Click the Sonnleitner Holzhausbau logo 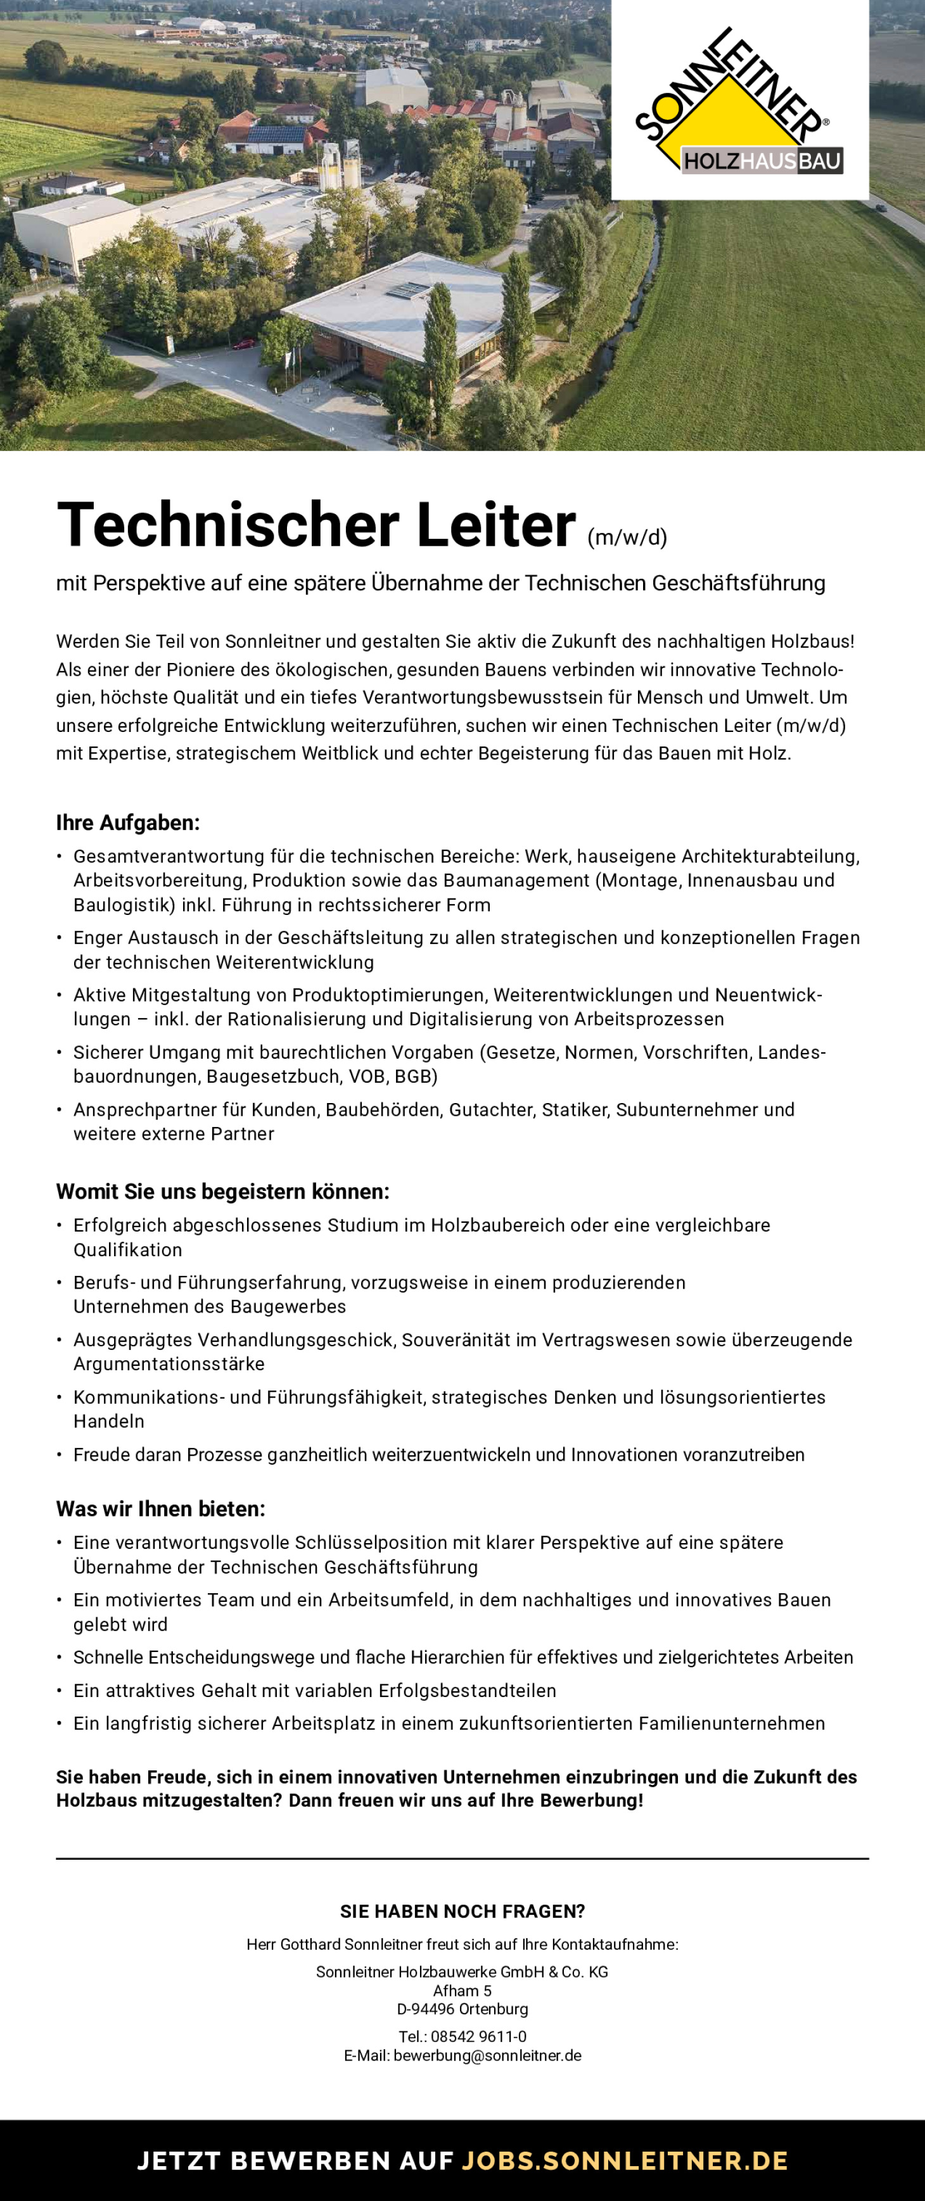[739, 100]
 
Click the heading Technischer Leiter [316, 525]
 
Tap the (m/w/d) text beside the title [627, 536]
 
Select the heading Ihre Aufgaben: [127, 822]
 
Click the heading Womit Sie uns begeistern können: [222, 1191]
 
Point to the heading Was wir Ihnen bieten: [161, 1509]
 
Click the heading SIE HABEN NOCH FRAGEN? [462, 1912]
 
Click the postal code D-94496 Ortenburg [462, 2009]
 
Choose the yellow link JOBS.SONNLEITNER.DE [625, 2161]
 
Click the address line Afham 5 [462, 1991]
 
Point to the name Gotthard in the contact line [311, 1945]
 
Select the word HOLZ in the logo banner [711, 161]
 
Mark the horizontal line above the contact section [462, 1858]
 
